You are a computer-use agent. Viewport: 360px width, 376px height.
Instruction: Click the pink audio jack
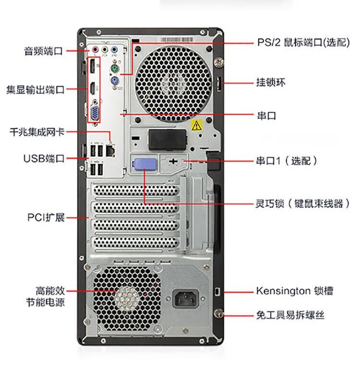96,49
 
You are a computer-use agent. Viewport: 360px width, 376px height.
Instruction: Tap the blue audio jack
114,50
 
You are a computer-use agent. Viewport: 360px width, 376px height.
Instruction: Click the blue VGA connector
95,112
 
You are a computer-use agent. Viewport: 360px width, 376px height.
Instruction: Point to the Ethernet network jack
110,150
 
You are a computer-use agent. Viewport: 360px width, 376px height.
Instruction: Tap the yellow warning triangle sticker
196,125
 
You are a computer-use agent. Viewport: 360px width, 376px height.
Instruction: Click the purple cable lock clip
145,164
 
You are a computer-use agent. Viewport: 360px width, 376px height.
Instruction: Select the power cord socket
186,299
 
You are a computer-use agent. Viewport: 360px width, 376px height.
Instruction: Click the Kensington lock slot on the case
217,292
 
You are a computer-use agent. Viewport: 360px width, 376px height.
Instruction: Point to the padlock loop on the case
219,84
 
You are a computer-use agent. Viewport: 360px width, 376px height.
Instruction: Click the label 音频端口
43,51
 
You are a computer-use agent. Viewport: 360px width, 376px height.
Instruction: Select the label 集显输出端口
36,90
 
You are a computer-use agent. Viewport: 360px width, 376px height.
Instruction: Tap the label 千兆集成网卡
37,132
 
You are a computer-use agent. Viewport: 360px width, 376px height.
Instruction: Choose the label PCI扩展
46,218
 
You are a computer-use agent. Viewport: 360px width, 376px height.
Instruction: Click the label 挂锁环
271,82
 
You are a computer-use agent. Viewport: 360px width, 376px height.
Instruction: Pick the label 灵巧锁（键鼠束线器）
302,204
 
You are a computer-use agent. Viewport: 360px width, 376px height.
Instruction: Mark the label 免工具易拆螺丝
290,315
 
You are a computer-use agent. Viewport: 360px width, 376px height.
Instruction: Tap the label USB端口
44,158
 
